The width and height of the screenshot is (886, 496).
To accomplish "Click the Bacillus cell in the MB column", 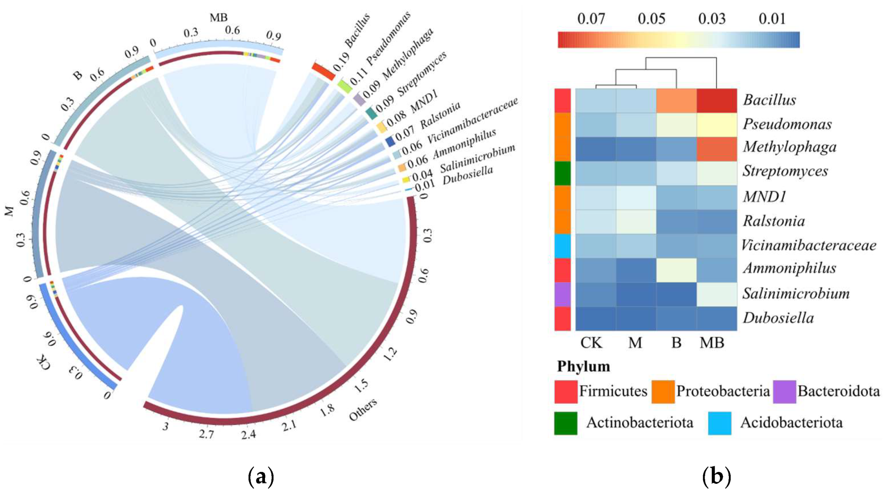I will coord(717,101).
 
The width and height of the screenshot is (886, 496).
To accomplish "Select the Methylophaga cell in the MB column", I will coord(717,149).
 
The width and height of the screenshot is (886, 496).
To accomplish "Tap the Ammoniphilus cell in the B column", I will coord(676,270).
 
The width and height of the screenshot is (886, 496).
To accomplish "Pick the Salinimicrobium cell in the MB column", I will coord(717,294).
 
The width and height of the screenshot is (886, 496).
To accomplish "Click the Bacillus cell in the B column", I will coord(676,101).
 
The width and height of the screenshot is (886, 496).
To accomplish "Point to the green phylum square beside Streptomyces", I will coord(562,173).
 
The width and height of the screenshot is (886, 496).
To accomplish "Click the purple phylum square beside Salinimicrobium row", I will coord(562,294).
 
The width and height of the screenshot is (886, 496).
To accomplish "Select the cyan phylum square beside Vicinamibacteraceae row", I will coord(562,246).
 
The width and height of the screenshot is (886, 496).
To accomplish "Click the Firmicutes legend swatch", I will coord(566,392).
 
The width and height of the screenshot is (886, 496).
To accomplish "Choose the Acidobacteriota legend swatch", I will coord(719,423).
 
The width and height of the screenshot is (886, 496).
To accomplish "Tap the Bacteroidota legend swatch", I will coord(785,392).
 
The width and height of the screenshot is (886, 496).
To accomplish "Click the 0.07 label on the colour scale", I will coord(591,19).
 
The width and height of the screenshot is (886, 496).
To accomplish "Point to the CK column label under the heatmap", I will coord(591,343).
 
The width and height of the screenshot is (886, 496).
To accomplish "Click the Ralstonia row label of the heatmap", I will coord(774,221).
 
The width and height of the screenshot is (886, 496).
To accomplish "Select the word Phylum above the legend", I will coord(584,366).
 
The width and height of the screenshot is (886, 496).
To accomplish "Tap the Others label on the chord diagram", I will coord(363,409).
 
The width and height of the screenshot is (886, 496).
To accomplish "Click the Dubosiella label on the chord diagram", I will coord(468,175).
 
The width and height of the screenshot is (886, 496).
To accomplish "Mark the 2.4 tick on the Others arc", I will coord(248,434).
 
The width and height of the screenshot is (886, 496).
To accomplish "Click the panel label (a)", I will coord(261,477).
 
